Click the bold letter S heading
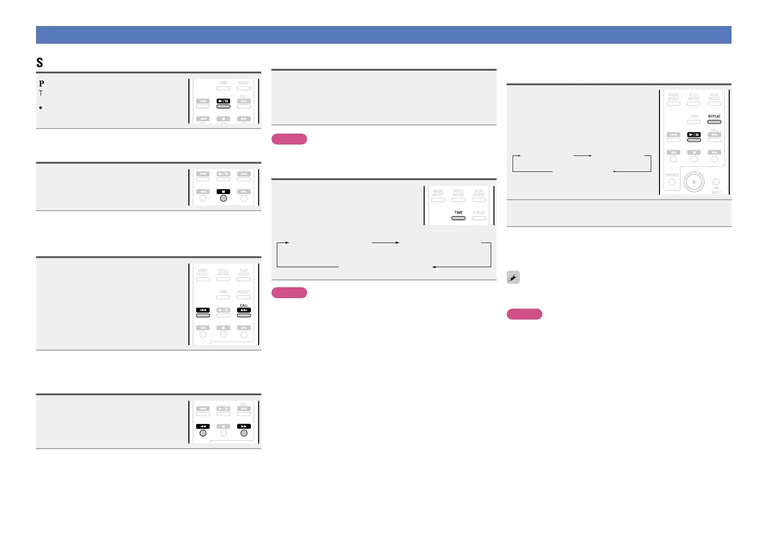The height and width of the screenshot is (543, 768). [40, 62]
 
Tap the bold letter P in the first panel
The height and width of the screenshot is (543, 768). [42, 83]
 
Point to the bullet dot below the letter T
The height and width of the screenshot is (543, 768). [41, 108]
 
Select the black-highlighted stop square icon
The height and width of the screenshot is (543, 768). [223, 192]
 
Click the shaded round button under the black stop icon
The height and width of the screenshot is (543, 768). [223, 198]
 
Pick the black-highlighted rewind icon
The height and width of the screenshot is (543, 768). [203, 426]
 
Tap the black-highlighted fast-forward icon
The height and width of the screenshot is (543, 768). [244, 426]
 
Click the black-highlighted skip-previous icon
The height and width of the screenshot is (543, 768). [203, 310]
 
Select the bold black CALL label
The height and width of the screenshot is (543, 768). [244, 305]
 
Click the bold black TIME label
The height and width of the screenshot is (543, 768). [458, 212]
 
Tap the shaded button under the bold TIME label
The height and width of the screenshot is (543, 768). [458, 218]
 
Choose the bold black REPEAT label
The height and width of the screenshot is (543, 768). [714, 116]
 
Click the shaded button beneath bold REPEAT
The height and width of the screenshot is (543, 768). [714, 122]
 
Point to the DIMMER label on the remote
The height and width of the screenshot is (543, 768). [672, 175]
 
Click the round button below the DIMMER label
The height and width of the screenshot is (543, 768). [672, 182]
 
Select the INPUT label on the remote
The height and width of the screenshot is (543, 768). [716, 192]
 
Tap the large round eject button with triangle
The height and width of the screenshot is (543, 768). [694, 181]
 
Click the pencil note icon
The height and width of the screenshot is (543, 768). [513, 277]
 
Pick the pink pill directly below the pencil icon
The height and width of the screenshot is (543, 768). [524, 314]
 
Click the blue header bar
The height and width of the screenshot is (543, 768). [384, 35]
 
